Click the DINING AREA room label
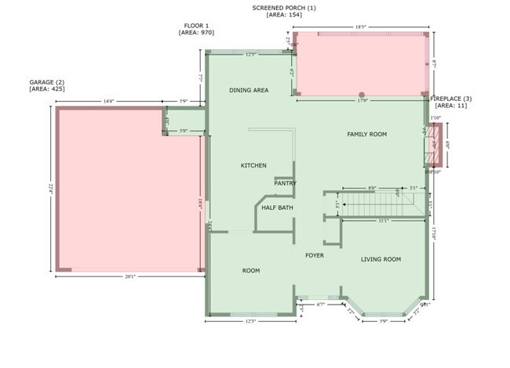coord(249,90)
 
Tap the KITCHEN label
coord(253,165)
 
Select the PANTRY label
coord(285,183)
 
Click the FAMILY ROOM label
coord(367,135)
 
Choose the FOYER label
coord(314,255)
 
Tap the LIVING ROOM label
coord(381,259)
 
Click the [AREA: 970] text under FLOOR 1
coord(196,33)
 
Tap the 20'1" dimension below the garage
coord(130,276)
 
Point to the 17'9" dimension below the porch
coord(362,99)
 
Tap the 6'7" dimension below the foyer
coord(320,304)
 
